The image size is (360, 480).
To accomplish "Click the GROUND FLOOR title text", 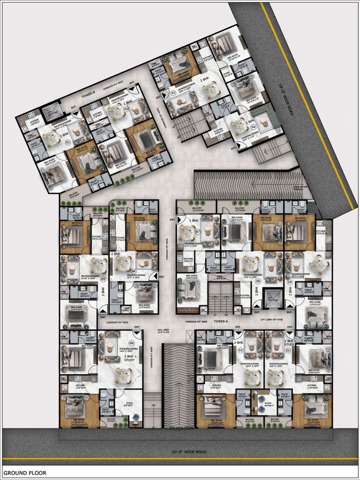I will point(25,473).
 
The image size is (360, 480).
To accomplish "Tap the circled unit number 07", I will point(198,231).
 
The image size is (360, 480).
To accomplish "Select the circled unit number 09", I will point(289,283).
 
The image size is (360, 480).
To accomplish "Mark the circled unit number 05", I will point(103,280).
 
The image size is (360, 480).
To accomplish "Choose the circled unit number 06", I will point(134,270).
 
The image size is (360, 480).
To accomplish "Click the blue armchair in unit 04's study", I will point(136,416).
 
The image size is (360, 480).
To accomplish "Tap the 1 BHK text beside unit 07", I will point(194,220).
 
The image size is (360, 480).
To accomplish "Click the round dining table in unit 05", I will point(98,265).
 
